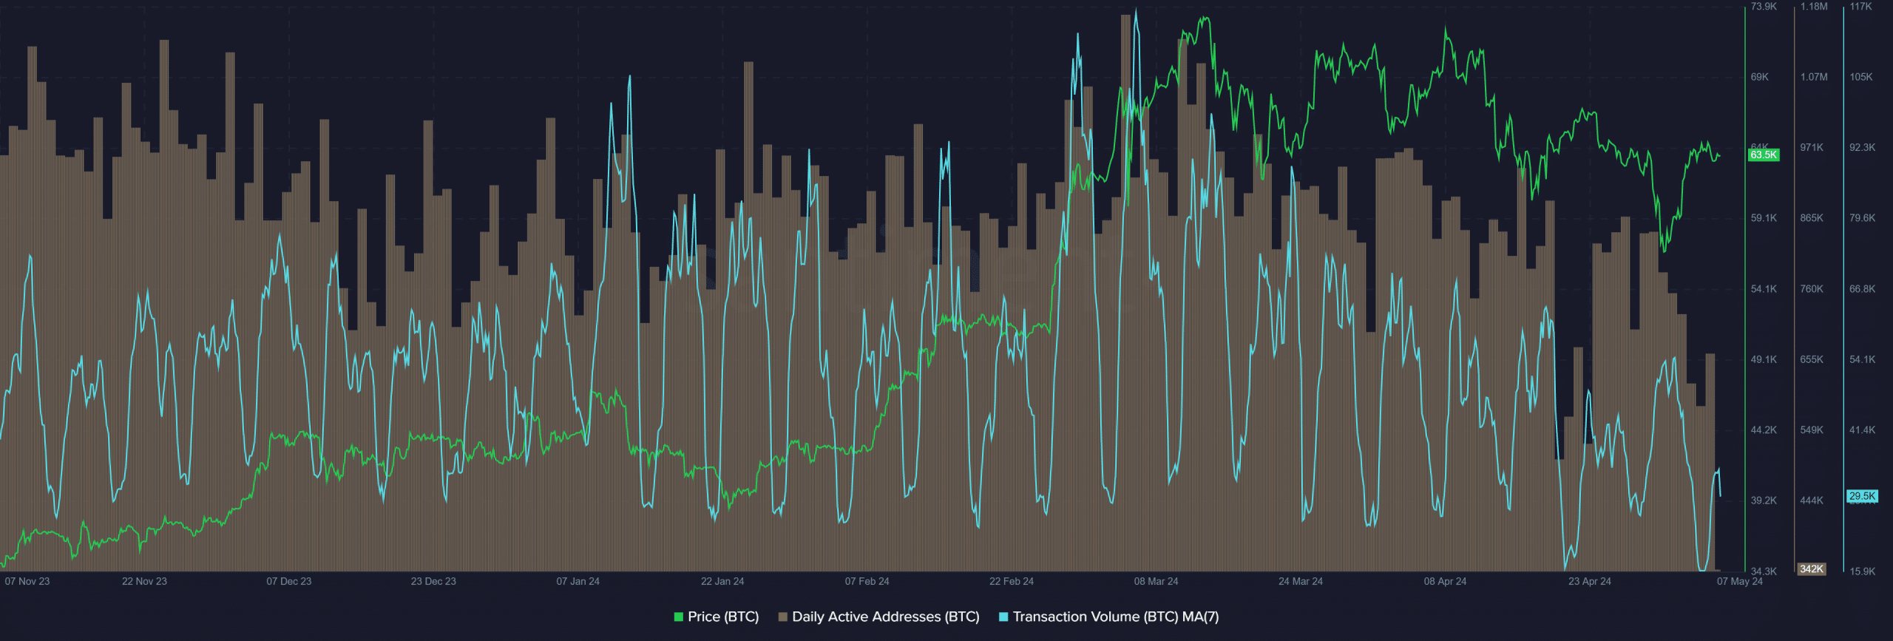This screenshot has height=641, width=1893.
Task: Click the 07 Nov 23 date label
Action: [27, 581]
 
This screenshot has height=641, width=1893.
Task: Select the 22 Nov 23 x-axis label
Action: [144, 581]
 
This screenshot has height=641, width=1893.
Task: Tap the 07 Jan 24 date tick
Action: [578, 581]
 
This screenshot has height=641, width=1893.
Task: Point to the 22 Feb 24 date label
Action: [1011, 581]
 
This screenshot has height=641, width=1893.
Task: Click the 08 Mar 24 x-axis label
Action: [1156, 581]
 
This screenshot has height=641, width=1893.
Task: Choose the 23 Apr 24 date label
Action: [1589, 581]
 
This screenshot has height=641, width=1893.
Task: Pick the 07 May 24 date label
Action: [1739, 581]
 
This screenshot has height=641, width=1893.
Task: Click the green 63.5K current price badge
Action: [1764, 155]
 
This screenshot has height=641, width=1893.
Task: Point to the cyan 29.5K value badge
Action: [1862, 496]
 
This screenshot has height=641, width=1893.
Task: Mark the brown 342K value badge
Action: [1812, 569]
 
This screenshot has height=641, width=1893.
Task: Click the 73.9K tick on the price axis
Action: [1764, 7]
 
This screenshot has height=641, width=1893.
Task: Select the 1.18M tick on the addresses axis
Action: [1813, 7]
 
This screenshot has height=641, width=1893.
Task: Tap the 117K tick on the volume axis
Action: [1861, 7]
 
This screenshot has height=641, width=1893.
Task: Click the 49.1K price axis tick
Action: [1764, 359]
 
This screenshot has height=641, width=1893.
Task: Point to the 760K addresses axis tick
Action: [1812, 289]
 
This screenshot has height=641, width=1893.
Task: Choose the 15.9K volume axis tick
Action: [1862, 572]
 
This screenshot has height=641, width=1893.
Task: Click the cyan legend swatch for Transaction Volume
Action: [1003, 617]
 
